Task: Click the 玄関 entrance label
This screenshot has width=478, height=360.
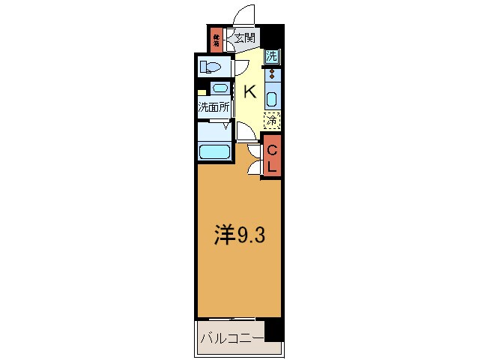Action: (x=244, y=37)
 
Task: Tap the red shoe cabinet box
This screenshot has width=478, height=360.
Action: (x=216, y=39)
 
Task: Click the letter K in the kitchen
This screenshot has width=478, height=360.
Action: (x=250, y=92)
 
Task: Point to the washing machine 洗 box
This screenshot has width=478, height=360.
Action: (x=272, y=55)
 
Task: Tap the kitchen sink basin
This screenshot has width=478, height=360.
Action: (x=272, y=98)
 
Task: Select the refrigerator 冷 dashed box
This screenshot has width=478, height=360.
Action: (x=272, y=119)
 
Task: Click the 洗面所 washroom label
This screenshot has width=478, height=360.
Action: (x=214, y=107)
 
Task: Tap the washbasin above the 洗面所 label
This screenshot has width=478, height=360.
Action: (x=218, y=88)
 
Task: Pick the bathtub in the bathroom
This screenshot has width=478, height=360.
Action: (x=214, y=152)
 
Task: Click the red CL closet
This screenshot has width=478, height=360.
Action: (x=273, y=157)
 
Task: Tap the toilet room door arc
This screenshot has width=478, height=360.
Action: (x=243, y=68)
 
